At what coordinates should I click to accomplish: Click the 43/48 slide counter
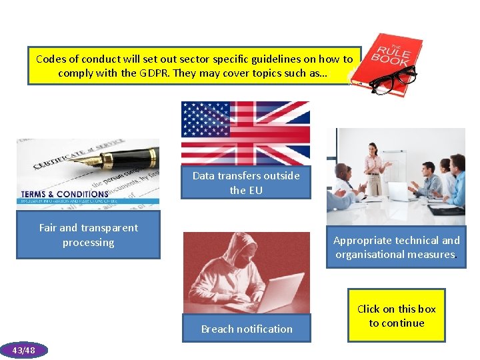(24, 350)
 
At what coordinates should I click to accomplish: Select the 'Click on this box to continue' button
(396, 316)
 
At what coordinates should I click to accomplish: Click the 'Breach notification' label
(247, 329)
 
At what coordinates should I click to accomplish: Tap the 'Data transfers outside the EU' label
(246, 183)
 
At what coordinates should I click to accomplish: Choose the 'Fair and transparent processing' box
(88, 235)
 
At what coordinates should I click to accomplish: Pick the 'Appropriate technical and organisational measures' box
(396, 247)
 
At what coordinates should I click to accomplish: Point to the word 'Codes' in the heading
(51, 59)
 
